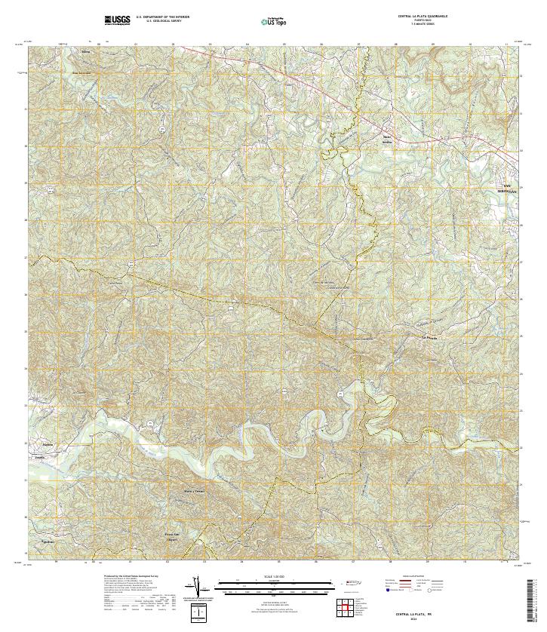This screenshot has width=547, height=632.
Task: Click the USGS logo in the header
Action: pyautogui.click(x=117, y=20)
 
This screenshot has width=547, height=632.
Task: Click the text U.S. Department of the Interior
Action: pyautogui.click(x=163, y=16)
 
